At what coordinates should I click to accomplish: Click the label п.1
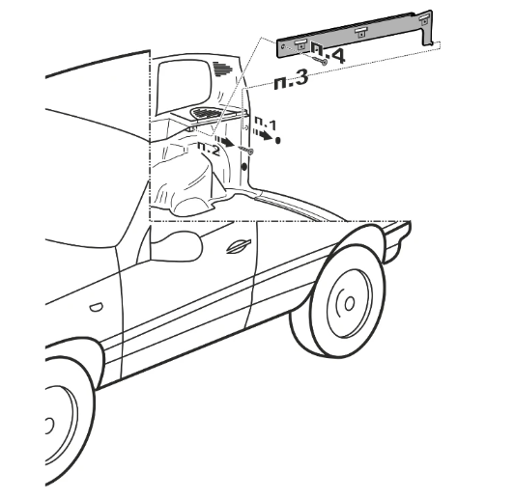pyautogui.click(x=266, y=124)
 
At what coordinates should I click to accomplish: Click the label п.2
pyautogui.click(x=208, y=149)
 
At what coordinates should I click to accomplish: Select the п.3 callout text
pyautogui.click(x=291, y=80)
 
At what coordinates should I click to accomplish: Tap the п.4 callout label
pyautogui.click(x=328, y=52)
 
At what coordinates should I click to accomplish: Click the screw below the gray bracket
pyautogui.click(x=319, y=61)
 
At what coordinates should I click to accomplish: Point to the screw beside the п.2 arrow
pyautogui.click(x=246, y=150)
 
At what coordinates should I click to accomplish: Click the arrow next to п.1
pyautogui.click(x=262, y=135)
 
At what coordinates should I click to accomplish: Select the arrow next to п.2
pyautogui.click(x=224, y=141)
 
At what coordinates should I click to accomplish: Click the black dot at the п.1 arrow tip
pyautogui.click(x=278, y=141)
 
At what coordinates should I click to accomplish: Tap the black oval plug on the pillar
pyautogui.click(x=244, y=167)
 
